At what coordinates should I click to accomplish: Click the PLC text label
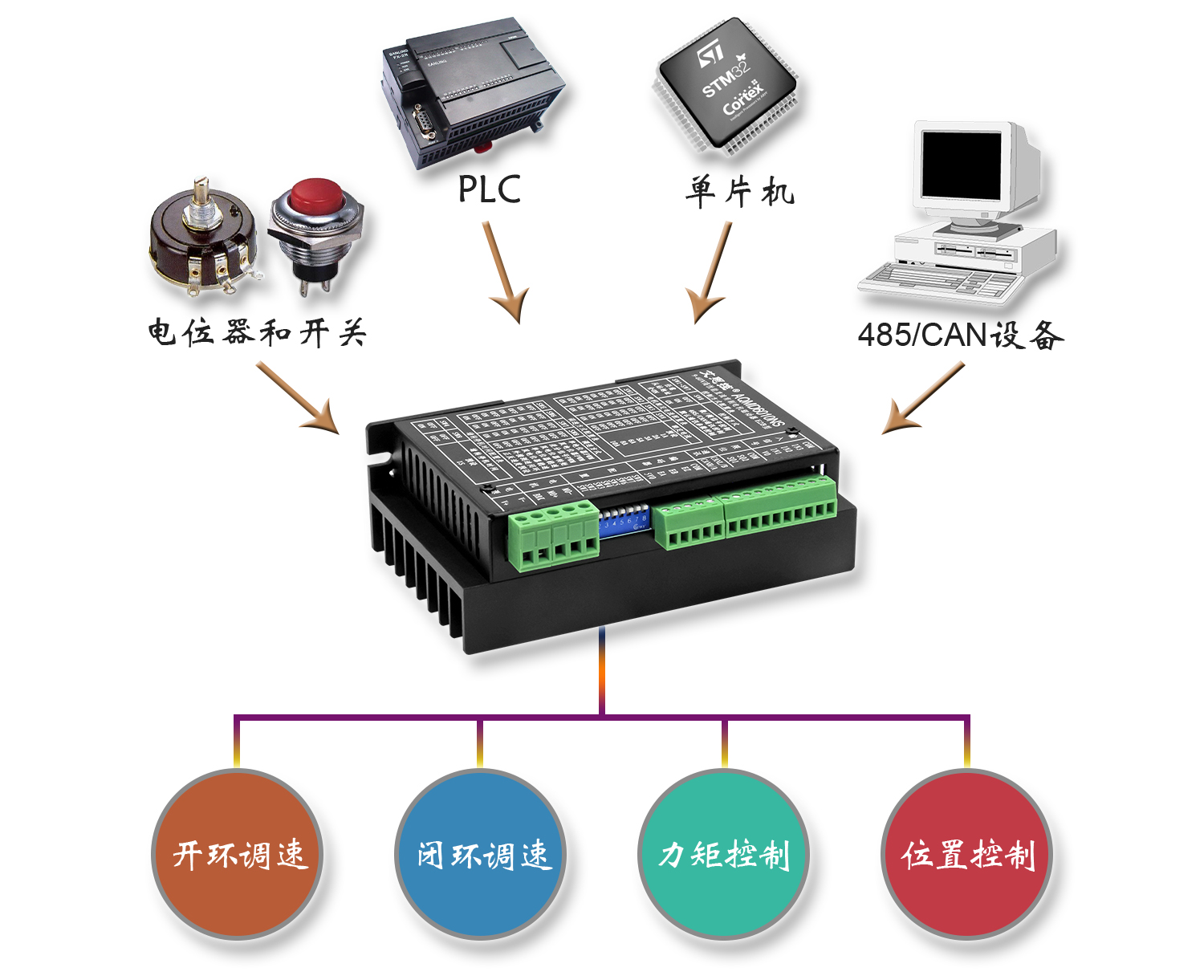pyautogui.click(x=489, y=190)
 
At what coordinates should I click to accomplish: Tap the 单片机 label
pyautogui.click(x=739, y=192)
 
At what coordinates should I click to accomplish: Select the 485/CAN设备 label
pyautogui.click(x=960, y=335)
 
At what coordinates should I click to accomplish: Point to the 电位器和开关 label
pyautogui.click(x=256, y=332)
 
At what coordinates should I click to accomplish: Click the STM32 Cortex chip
pyautogui.click(x=726, y=86)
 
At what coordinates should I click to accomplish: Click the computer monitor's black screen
pyautogui.click(x=961, y=166)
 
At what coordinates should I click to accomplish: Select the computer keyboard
pyautogui.click(x=939, y=282)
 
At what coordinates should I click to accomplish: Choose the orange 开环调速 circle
pyautogui.click(x=238, y=854)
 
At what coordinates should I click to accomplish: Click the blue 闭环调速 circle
pyautogui.click(x=482, y=854)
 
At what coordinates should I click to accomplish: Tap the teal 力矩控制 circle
pyautogui.click(x=724, y=854)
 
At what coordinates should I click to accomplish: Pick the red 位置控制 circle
pyautogui.click(x=967, y=854)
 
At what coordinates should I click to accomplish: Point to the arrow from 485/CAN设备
pyautogui.click(x=923, y=398)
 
